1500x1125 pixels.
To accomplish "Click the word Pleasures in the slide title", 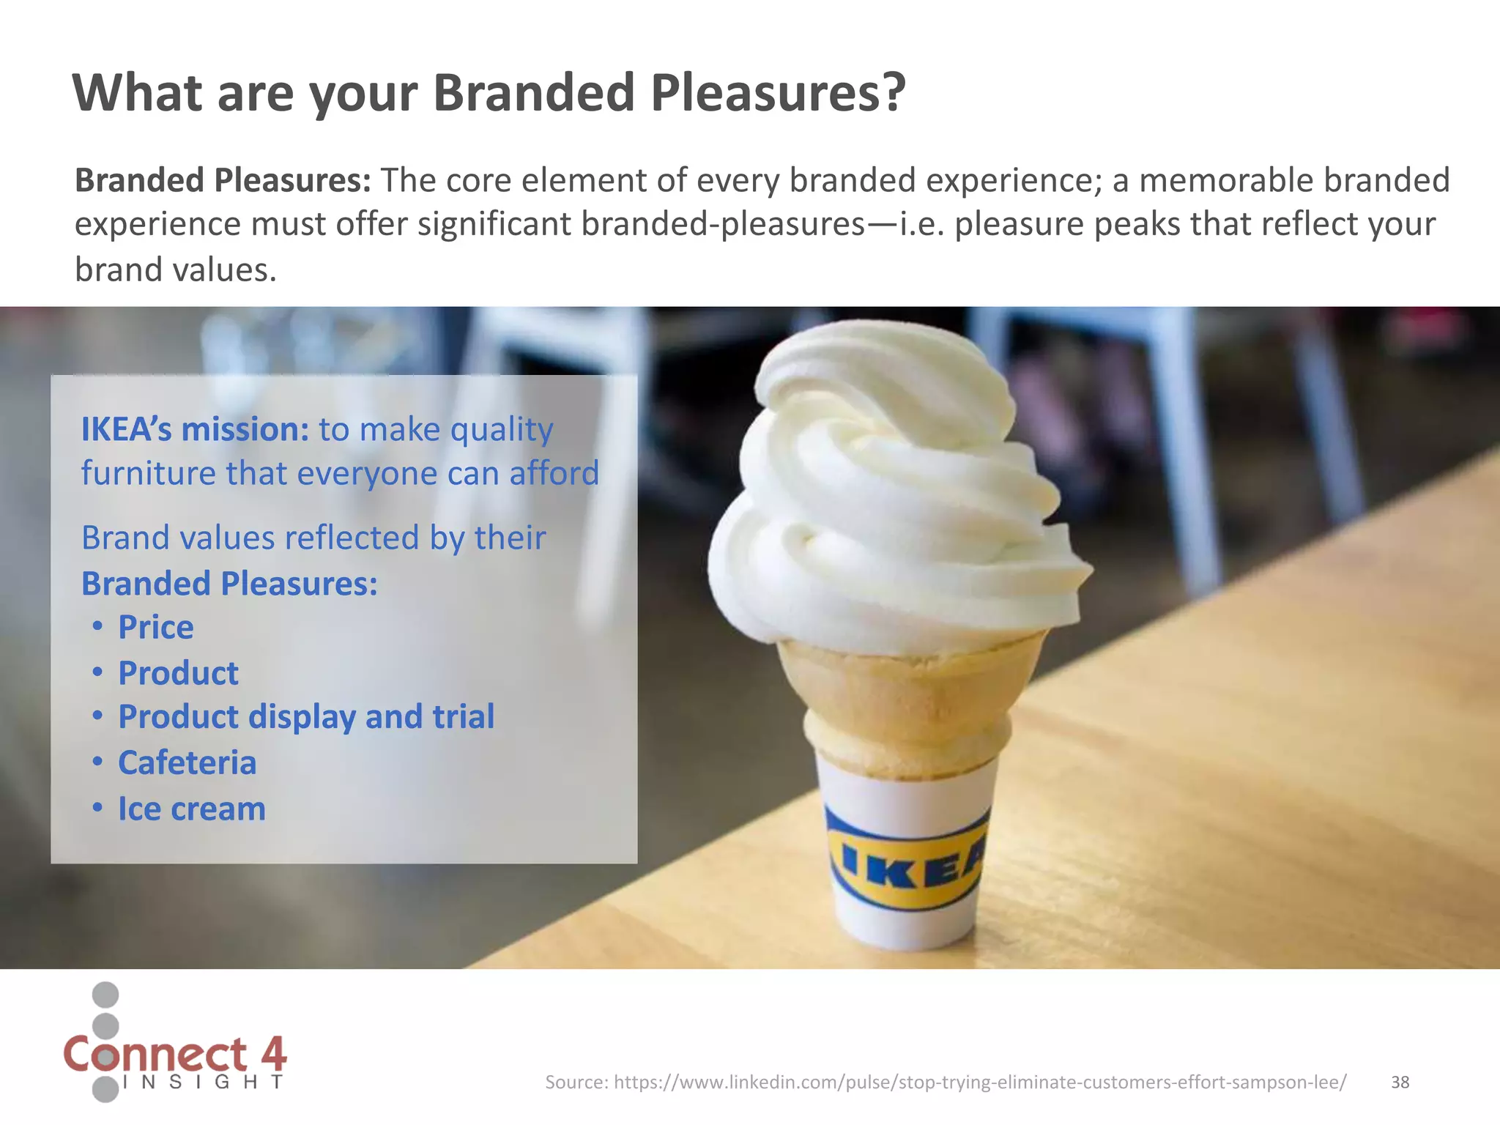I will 778,93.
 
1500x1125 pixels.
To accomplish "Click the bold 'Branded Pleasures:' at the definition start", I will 223,180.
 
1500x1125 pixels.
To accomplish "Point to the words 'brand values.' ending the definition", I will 176,270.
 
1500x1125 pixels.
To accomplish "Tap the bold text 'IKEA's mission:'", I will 195,429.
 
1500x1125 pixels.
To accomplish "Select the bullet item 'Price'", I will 155,628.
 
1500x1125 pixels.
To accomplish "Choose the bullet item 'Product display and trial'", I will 306,717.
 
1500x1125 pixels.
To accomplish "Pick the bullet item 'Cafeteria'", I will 187,763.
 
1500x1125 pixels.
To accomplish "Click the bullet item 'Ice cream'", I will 191,809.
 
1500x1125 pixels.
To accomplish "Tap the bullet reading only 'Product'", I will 178,673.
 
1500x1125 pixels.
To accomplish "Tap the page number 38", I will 1400,1082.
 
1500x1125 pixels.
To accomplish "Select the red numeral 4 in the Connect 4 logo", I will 272,1054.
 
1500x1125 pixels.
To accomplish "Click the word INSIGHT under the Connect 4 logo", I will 203,1083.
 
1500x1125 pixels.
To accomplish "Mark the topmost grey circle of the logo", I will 105,995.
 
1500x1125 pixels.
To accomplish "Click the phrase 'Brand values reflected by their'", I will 313,538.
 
